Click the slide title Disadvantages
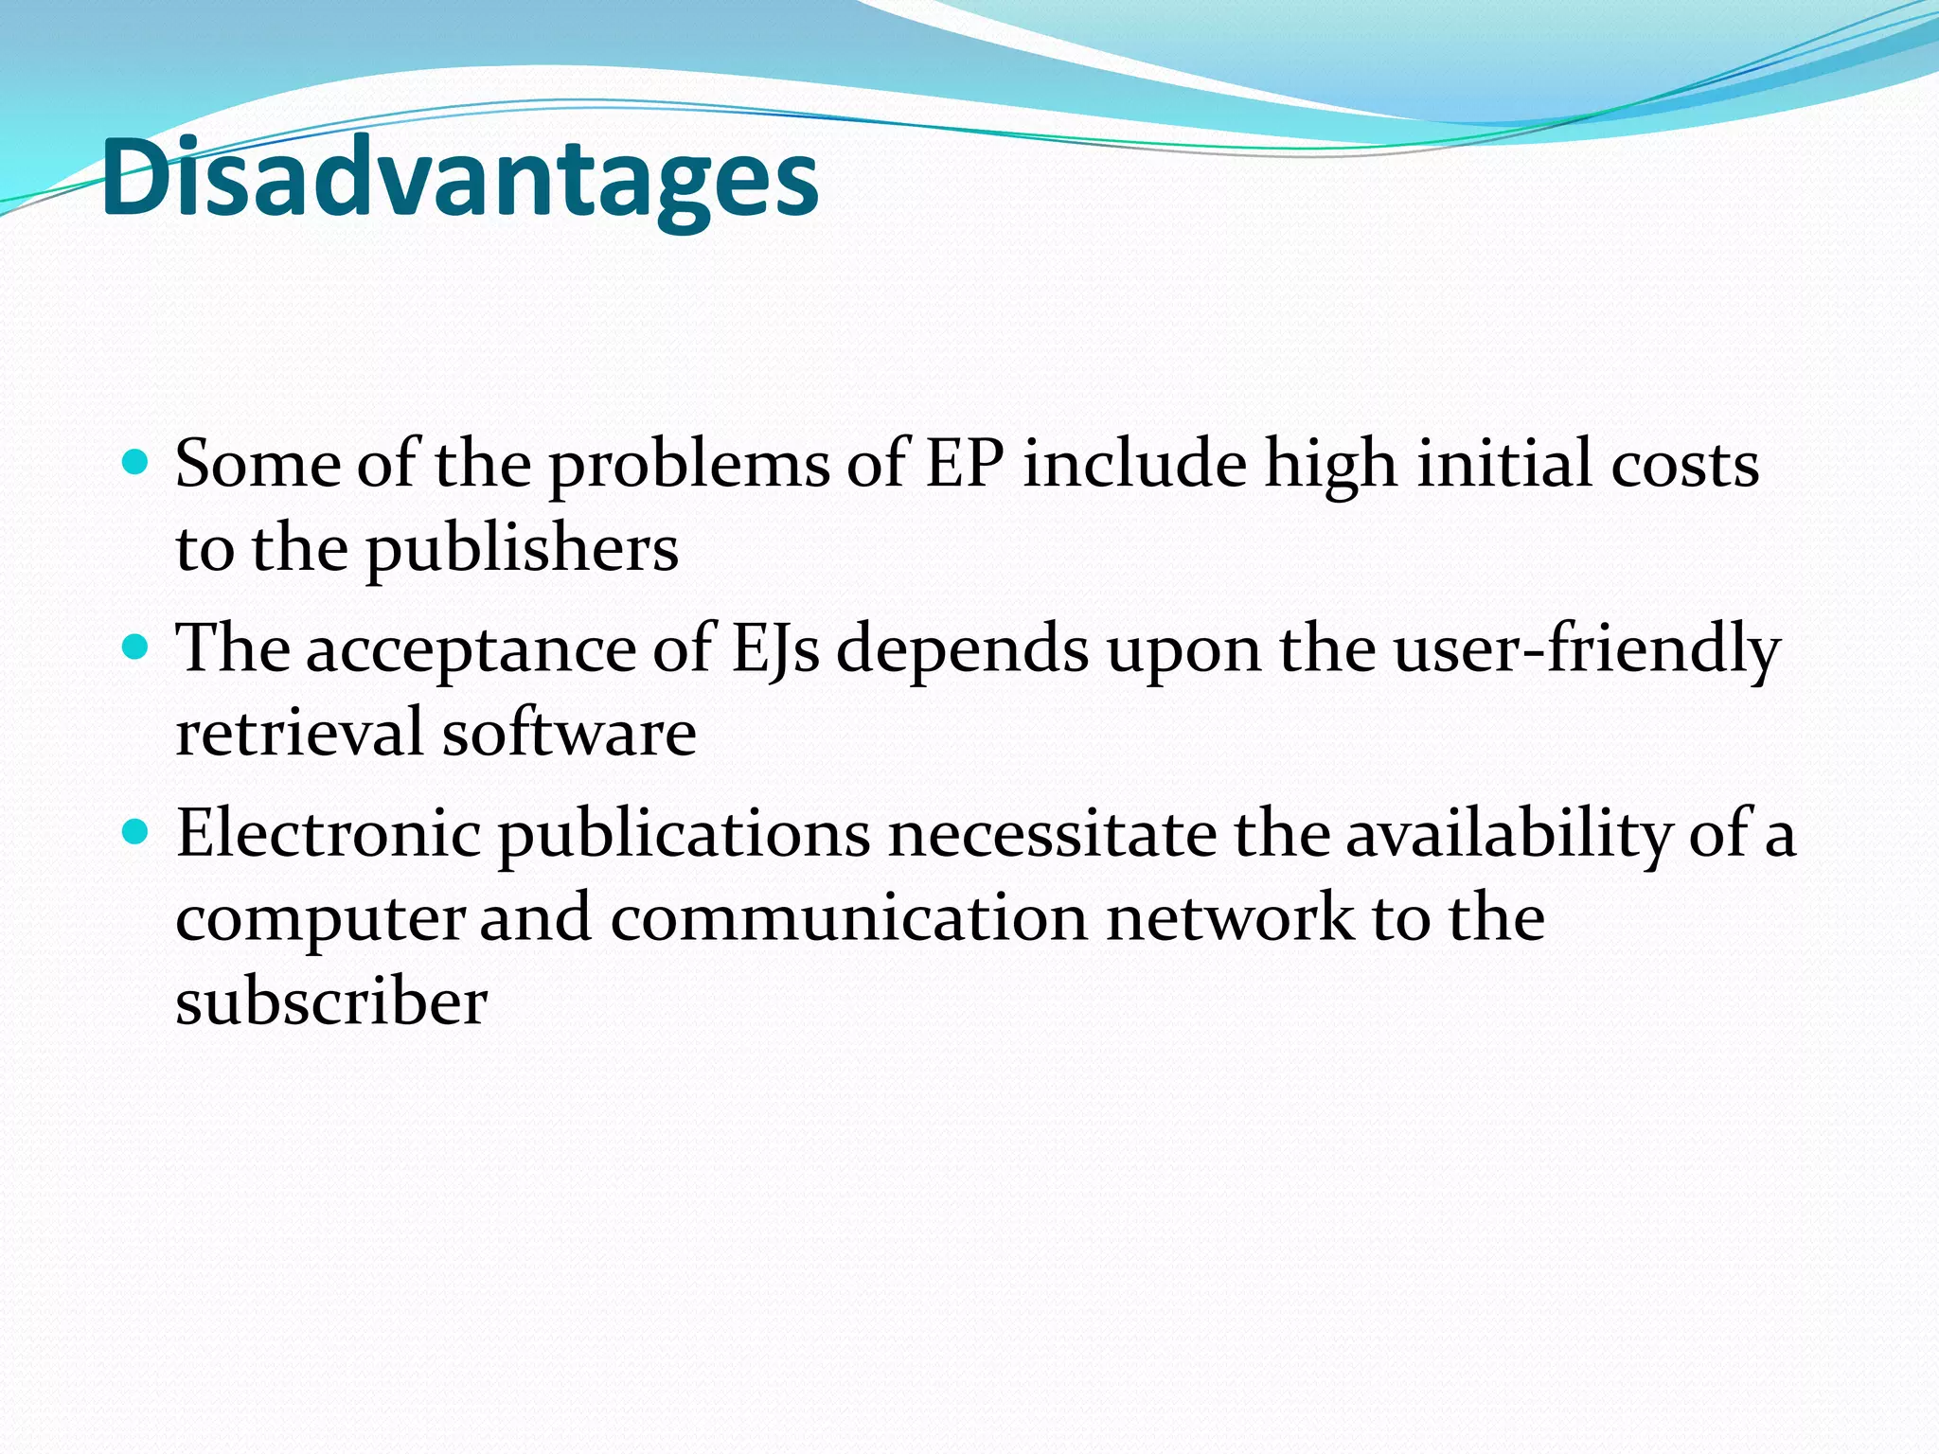click(459, 178)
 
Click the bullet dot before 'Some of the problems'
click(136, 462)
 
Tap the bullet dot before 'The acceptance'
click(136, 647)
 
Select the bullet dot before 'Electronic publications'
click(136, 832)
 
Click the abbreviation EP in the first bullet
click(964, 464)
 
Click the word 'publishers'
click(522, 549)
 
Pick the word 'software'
click(569, 733)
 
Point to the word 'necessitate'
click(1052, 834)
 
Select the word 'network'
click(1230, 917)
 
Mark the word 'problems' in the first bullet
click(689, 466)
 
